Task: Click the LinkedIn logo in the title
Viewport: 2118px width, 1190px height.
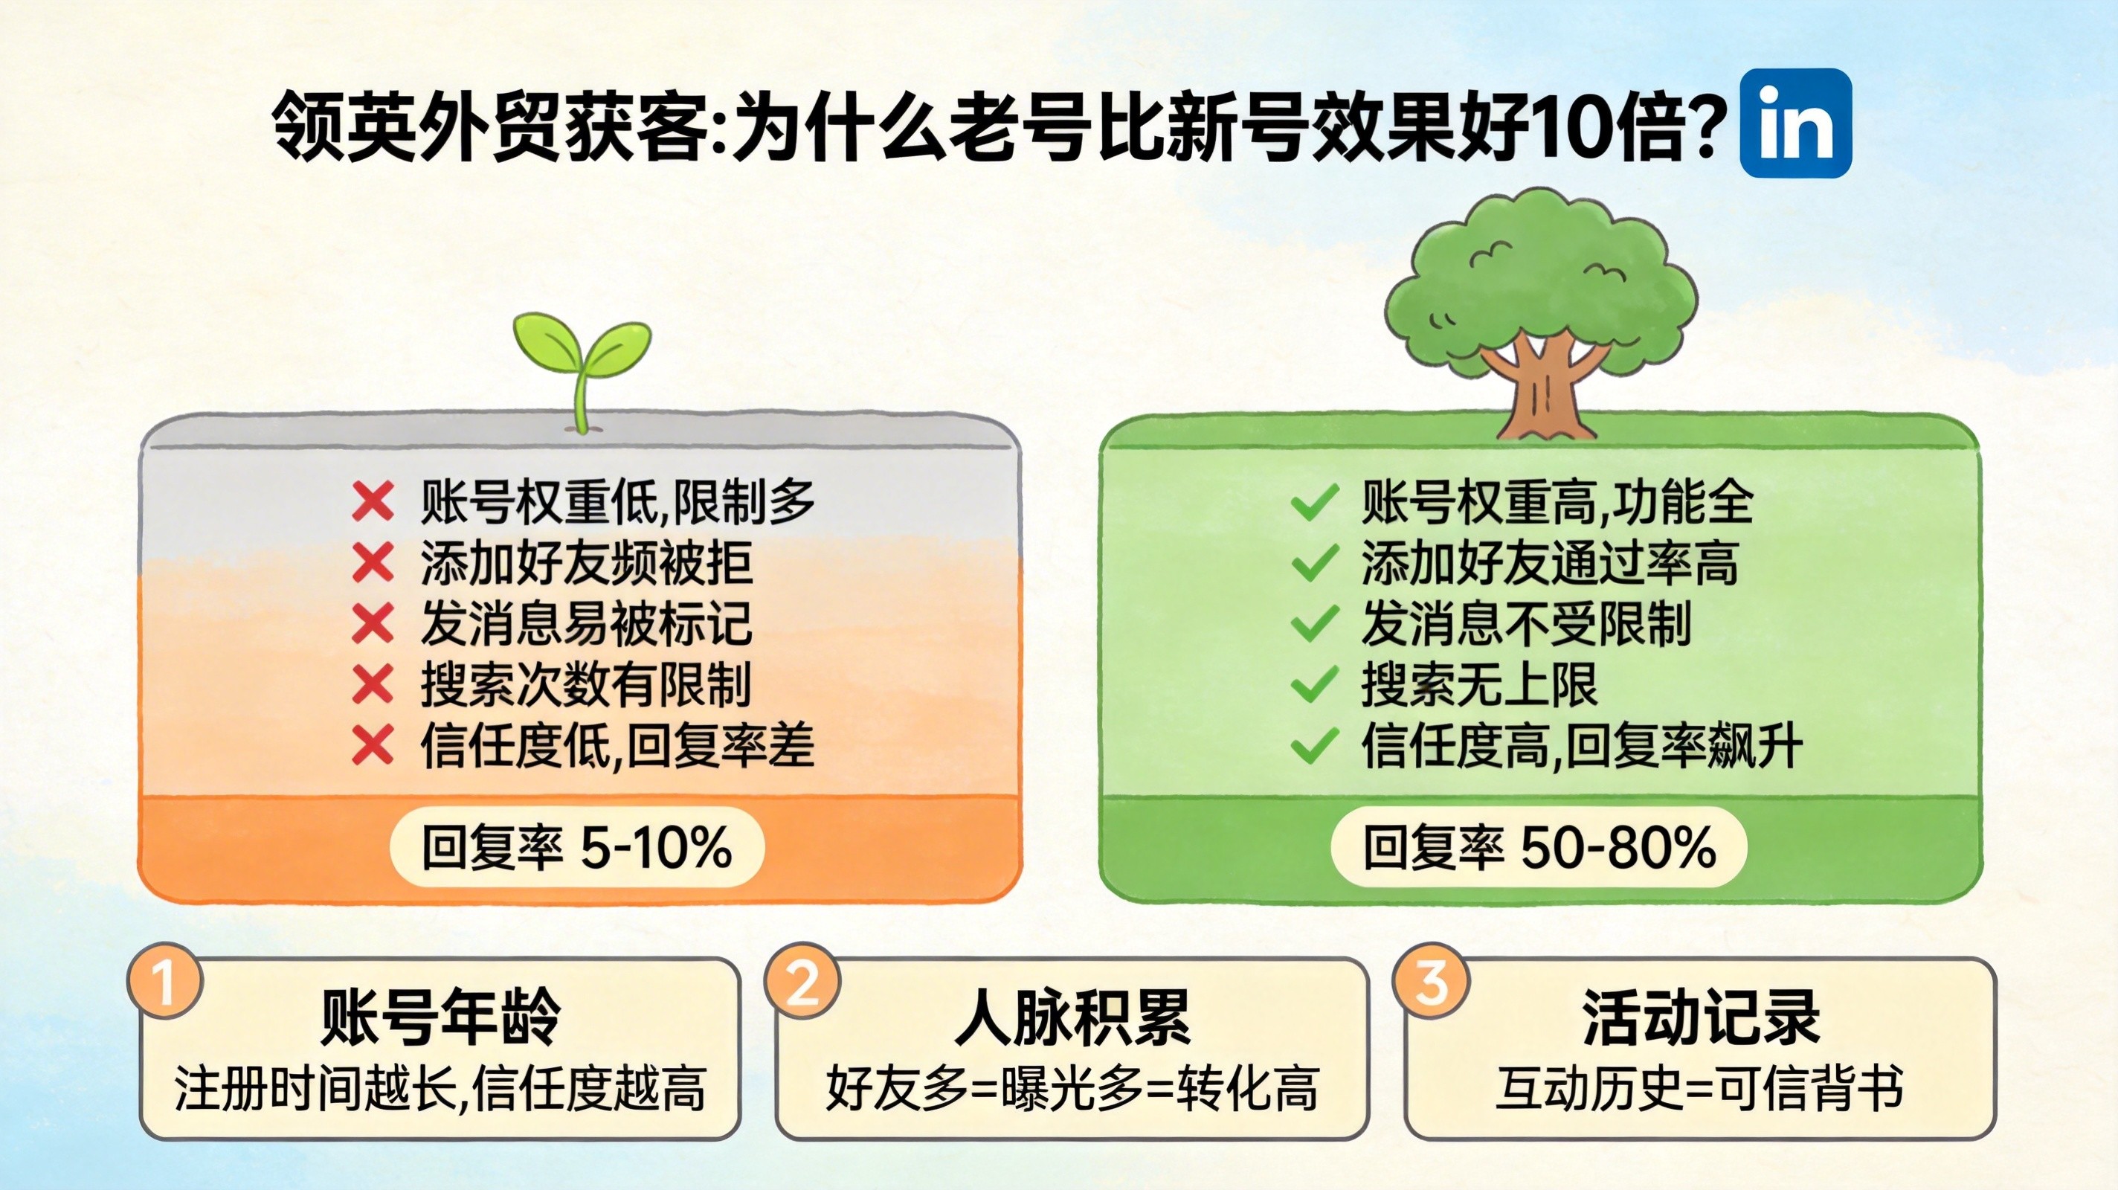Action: coord(1796,123)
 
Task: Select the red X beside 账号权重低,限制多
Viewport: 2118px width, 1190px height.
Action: coord(373,501)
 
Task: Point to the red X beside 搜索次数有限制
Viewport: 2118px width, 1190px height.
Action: coord(373,685)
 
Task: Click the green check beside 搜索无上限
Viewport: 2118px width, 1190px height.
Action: coord(1315,685)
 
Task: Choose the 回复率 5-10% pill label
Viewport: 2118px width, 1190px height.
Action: coord(576,847)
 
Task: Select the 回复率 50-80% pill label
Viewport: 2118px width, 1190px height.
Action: coord(1539,847)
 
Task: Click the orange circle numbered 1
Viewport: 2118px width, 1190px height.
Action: coord(165,981)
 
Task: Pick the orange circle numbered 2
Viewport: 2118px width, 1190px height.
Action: coord(802,981)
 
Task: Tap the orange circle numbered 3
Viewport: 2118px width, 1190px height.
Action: coord(1432,981)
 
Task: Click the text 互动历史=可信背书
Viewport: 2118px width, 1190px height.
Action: coord(1699,1089)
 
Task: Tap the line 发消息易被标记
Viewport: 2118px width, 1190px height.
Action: coord(586,624)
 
